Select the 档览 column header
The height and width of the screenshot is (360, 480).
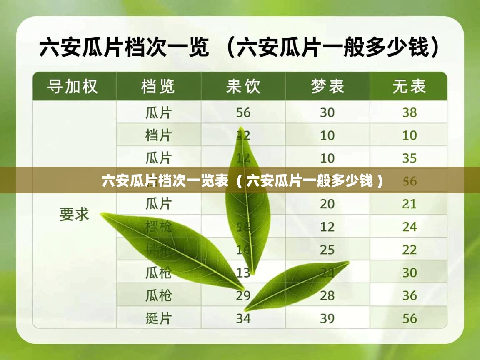(158, 87)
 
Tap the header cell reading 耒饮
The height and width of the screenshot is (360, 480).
(243, 87)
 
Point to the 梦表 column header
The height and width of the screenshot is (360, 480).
(327, 87)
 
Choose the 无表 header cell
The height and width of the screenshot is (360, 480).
(409, 87)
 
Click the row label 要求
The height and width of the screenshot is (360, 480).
(74, 214)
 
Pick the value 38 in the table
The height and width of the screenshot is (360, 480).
(410, 112)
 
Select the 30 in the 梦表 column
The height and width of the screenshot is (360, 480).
(327, 112)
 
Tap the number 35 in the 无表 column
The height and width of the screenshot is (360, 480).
(410, 158)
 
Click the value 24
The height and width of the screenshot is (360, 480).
(410, 227)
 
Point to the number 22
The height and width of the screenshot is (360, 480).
(410, 250)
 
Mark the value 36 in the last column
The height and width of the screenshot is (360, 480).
(410, 295)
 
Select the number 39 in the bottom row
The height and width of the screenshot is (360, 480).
(327, 318)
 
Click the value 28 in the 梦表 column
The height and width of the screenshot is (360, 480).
(327, 295)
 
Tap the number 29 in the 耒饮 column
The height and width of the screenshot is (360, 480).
(243, 295)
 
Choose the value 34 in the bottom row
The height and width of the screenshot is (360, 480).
(243, 318)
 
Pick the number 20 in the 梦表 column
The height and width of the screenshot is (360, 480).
(327, 204)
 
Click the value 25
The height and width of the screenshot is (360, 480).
(327, 250)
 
